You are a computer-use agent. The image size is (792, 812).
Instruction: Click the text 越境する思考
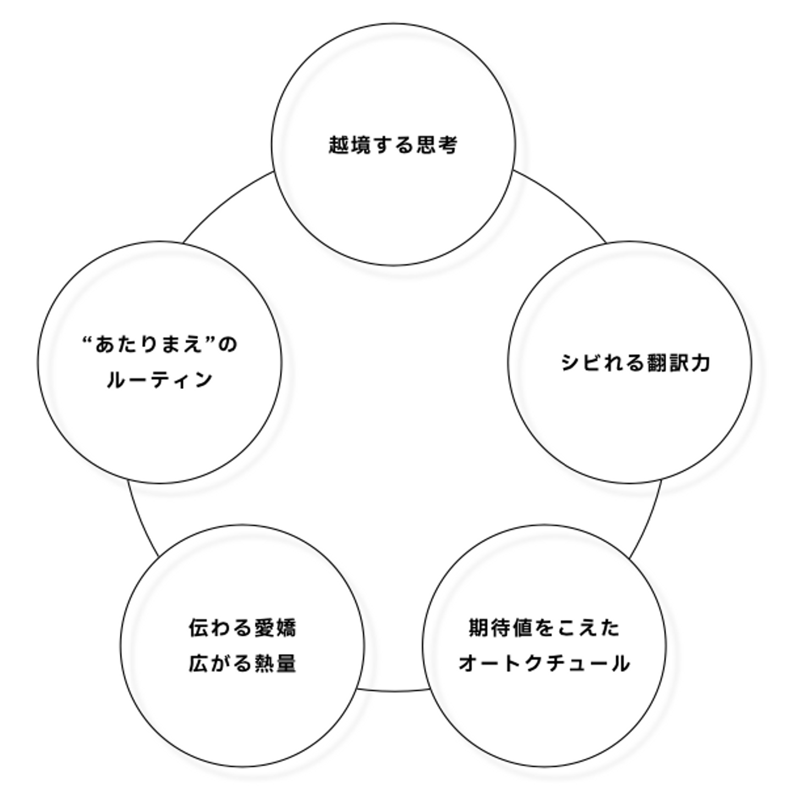[393, 145]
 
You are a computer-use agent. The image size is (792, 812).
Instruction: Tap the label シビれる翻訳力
[635, 363]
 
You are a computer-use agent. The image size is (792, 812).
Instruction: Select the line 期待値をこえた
[544, 627]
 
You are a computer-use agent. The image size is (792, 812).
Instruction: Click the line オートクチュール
[544, 663]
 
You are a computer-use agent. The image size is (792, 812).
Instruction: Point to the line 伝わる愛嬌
[243, 627]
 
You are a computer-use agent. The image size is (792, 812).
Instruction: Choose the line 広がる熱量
[243, 663]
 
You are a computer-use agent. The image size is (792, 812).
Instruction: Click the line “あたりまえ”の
[159, 345]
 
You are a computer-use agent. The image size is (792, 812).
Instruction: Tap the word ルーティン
[159, 380]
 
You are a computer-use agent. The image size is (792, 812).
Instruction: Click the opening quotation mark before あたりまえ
[86, 341]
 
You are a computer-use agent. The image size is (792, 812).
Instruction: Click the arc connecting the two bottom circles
[393, 691]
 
